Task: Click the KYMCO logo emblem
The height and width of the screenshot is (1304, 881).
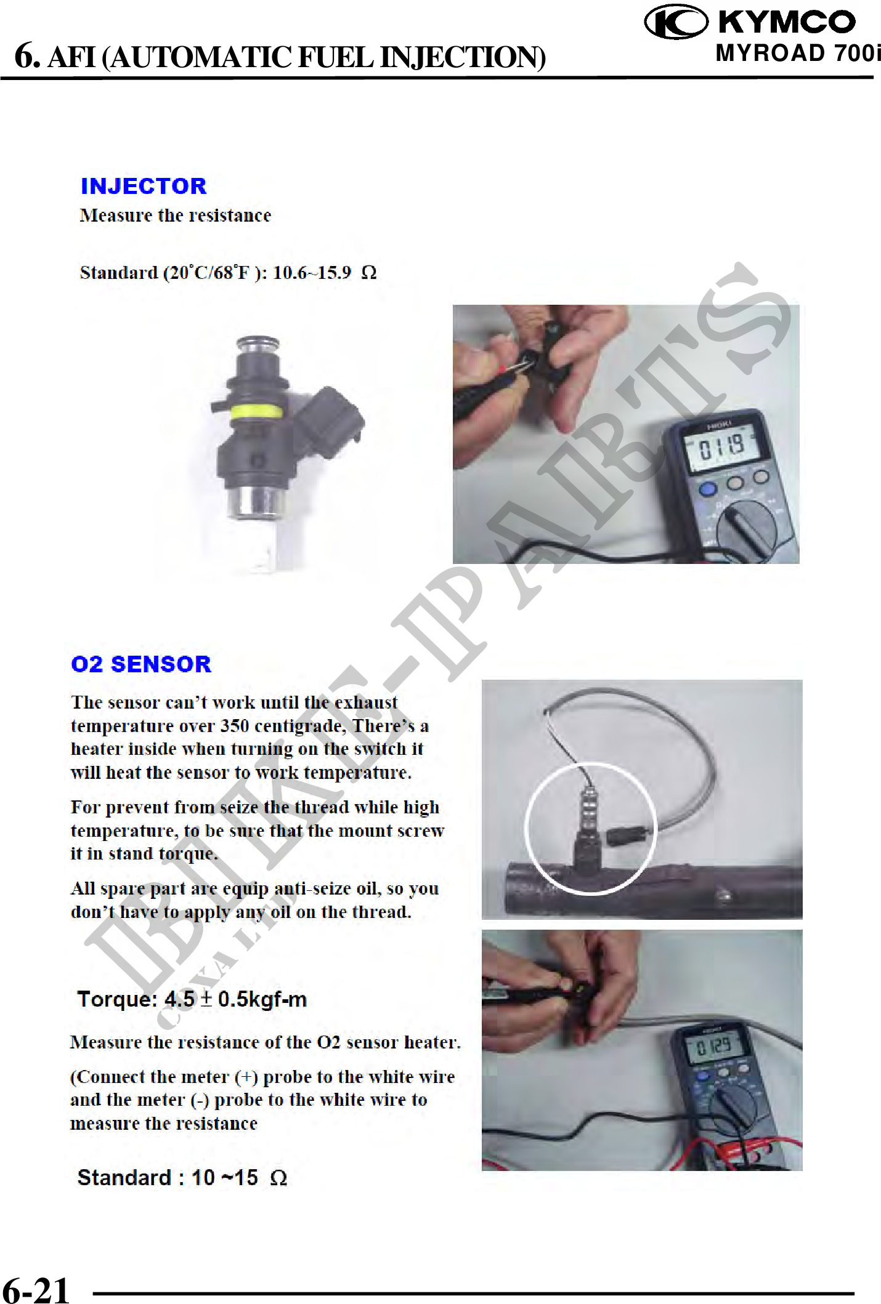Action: tap(676, 22)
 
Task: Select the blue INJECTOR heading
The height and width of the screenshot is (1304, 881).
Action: tap(144, 186)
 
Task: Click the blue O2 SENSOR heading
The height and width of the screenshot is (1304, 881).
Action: tap(141, 664)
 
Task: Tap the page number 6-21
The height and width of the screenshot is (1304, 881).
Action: tap(36, 1289)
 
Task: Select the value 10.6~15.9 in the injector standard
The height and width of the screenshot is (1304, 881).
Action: tap(312, 272)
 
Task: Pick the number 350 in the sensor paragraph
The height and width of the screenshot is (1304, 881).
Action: tap(235, 725)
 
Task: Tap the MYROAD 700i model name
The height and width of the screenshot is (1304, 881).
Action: tap(798, 54)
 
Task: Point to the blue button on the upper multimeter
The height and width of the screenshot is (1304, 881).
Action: tap(708, 489)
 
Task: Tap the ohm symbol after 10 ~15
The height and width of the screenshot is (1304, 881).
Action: tap(278, 1178)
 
